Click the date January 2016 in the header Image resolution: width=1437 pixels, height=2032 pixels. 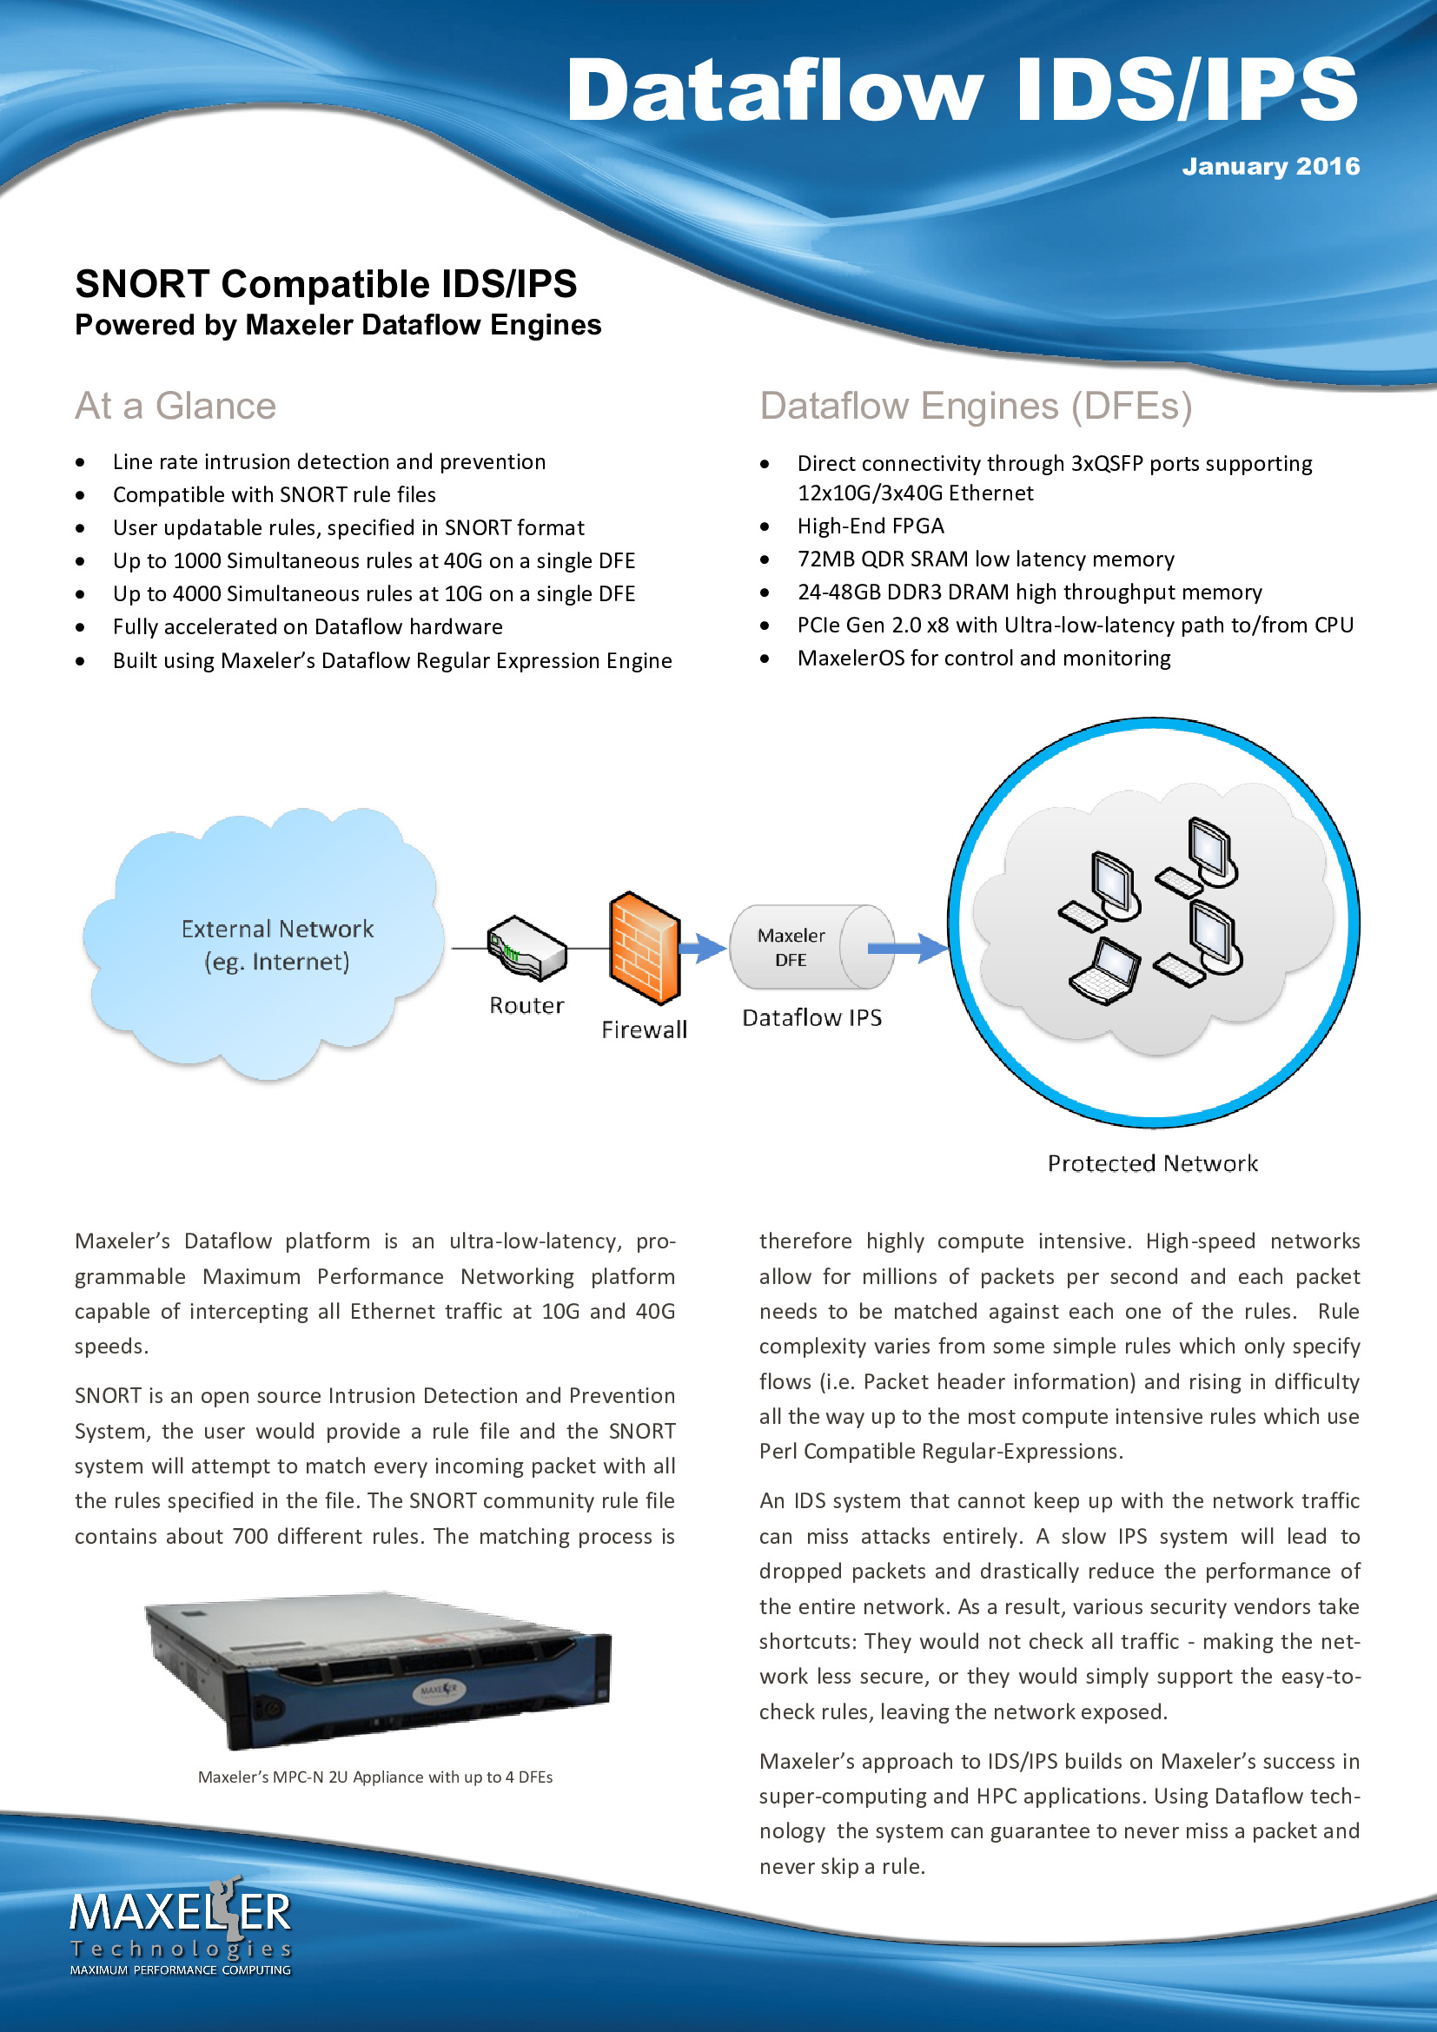(x=1271, y=167)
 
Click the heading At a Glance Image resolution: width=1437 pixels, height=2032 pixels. (x=175, y=407)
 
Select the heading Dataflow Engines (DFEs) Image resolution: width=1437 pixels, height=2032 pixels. (x=976, y=407)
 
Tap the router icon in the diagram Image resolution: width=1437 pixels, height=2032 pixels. (x=526, y=949)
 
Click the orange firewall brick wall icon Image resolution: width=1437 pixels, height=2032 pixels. (x=645, y=948)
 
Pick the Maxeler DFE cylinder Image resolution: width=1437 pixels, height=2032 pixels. (x=811, y=947)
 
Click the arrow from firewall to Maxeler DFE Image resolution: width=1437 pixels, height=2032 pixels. (x=704, y=948)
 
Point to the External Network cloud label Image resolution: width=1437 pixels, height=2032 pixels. (x=277, y=945)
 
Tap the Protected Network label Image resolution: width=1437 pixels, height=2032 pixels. (x=1152, y=1163)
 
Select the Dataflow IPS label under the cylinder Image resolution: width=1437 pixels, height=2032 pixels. (x=812, y=1018)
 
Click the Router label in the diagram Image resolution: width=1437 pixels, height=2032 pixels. (x=526, y=1005)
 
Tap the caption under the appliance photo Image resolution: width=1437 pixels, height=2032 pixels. (x=375, y=1777)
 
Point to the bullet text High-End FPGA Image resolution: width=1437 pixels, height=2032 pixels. (x=871, y=526)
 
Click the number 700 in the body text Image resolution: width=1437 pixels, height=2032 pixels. (x=250, y=1537)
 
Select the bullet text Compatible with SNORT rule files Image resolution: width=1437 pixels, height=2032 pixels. (x=275, y=494)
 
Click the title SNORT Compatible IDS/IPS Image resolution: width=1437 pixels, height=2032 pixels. (x=326, y=284)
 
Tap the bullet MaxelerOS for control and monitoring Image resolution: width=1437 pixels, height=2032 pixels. (x=984, y=659)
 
